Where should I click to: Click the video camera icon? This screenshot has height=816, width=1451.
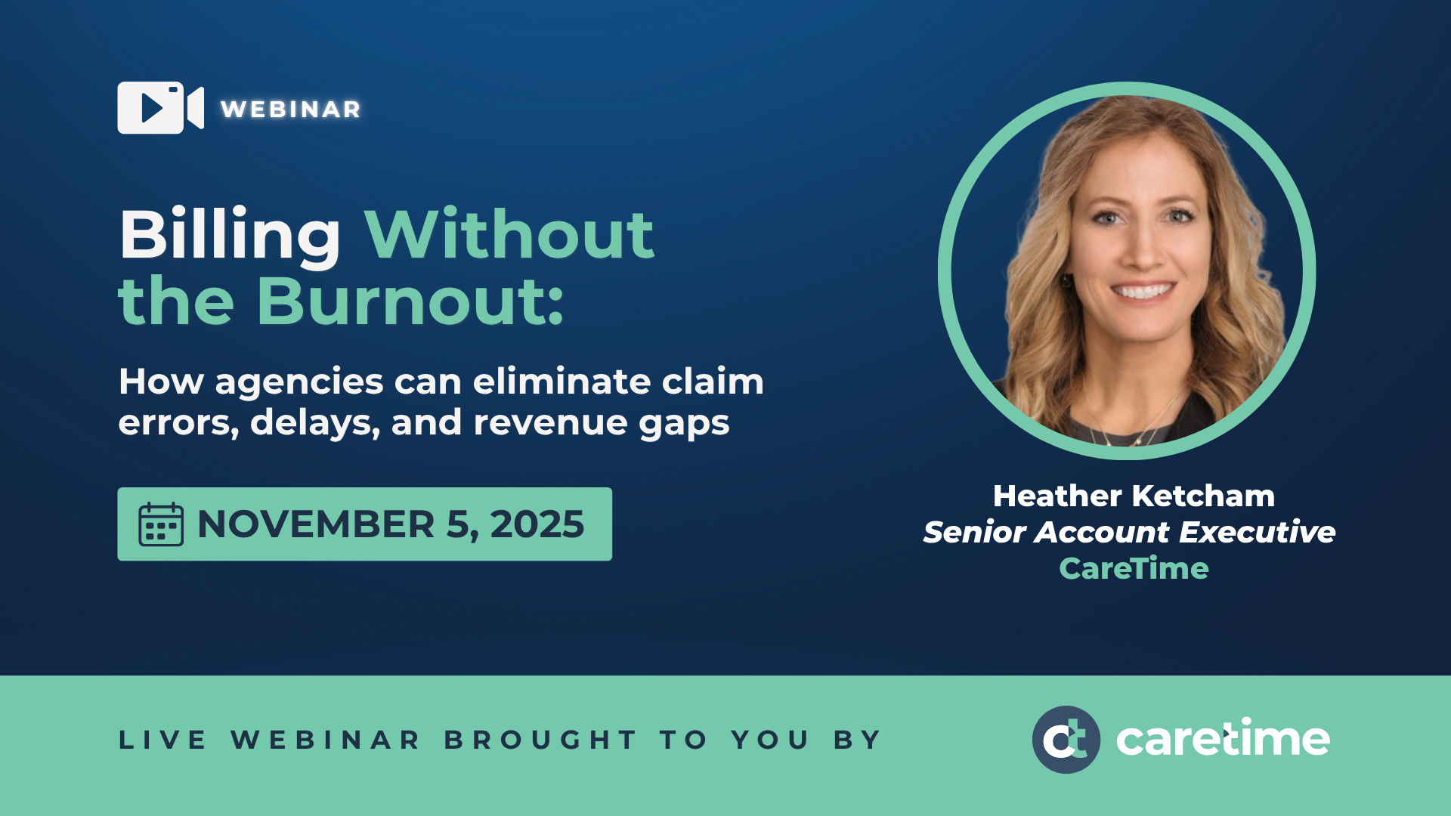[x=160, y=108]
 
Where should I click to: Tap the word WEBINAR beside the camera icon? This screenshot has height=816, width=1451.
[x=291, y=110]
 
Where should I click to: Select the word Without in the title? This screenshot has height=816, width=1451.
[x=509, y=234]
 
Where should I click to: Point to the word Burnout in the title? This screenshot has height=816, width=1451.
[x=410, y=301]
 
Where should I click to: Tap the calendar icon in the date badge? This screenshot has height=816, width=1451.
[x=161, y=524]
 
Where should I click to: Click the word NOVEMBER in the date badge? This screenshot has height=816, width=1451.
[x=316, y=524]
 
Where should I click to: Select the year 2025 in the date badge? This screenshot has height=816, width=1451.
[x=537, y=524]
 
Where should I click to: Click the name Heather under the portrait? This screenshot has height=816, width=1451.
[x=1057, y=496]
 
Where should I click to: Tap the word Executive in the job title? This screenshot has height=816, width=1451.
[x=1258, y=532]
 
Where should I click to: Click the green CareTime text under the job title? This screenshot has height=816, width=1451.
[x=1134, y=568]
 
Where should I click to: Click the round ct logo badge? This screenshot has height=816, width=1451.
[x=1066, y=740]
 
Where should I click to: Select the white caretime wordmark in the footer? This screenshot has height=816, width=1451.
[x=1223, y=738]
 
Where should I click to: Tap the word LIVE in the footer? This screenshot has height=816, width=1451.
[x=162, y=740]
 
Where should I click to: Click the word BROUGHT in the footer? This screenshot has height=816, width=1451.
[x=540, y=740]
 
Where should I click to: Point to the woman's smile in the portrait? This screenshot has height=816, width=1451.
[x=1142, y=292]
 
